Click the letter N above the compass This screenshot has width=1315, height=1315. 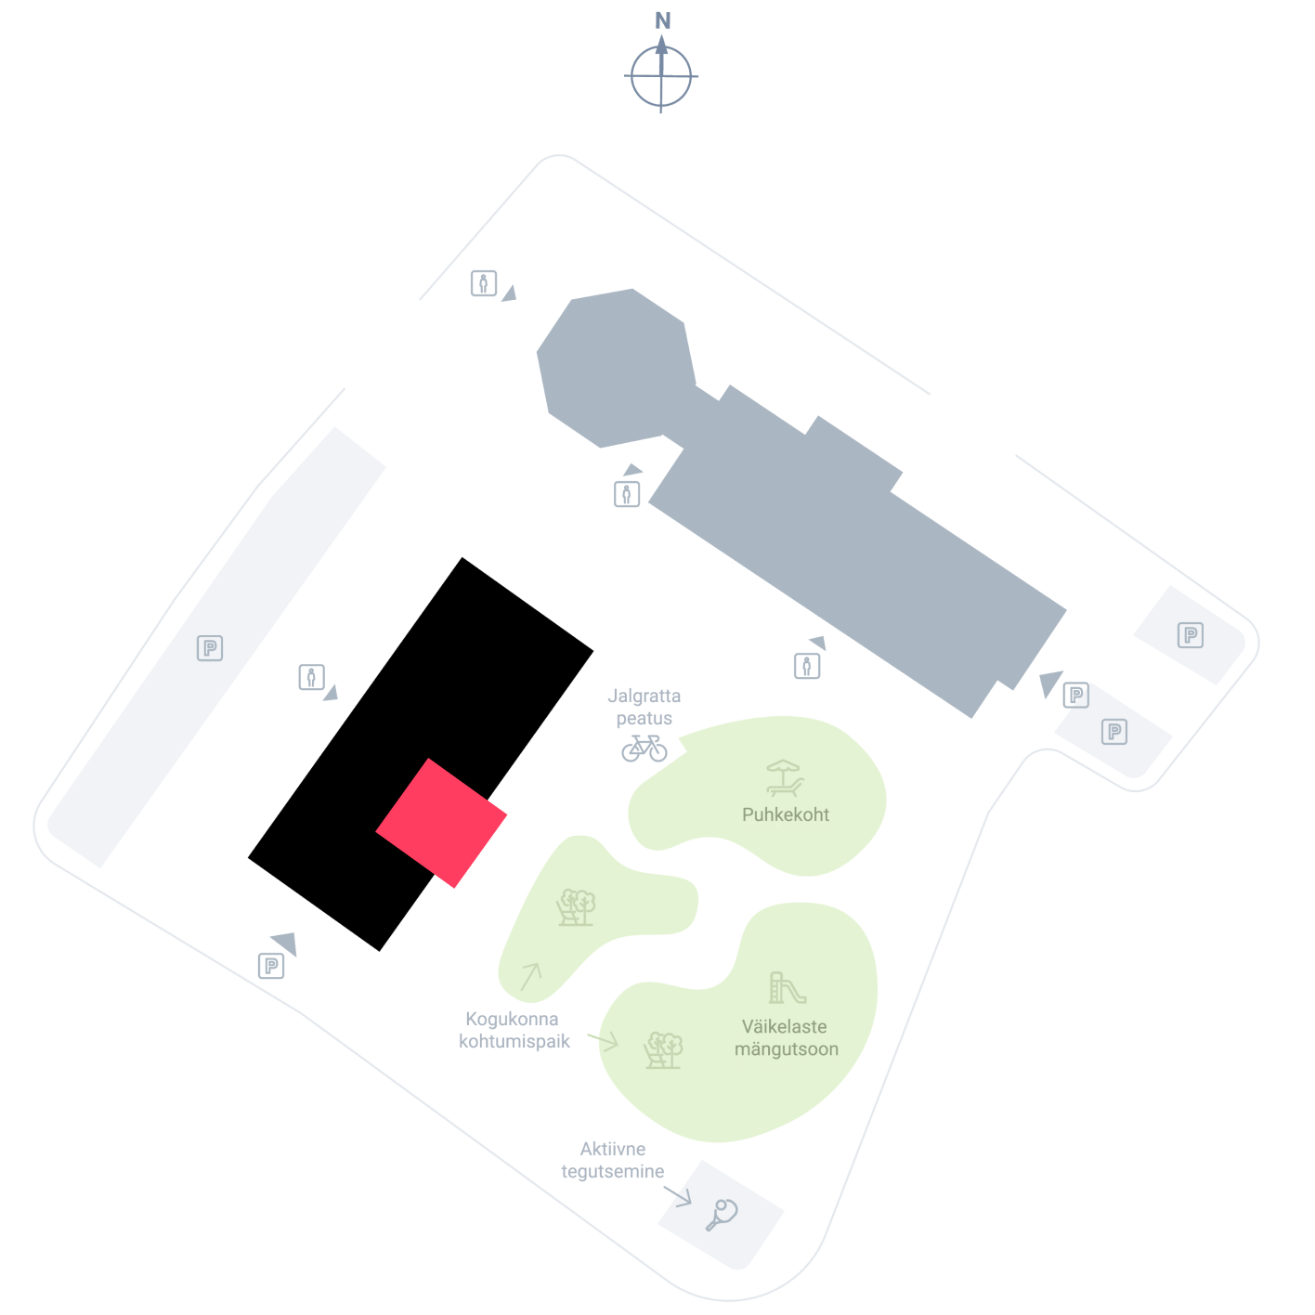(x=662, y=20)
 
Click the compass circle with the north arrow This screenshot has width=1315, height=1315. (x=660, y=76)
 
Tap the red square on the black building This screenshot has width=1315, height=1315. (x=441, y=822)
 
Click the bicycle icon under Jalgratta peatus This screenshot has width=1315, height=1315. (x=644, y=748)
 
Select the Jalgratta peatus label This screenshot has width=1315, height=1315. (x=644, y=707)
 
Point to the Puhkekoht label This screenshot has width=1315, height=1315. (x=785, y=814)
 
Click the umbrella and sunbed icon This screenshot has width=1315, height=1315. (x=784, y=778)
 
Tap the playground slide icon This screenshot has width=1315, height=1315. (x=787, y=987)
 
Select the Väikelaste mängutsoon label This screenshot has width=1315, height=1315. (x=786, y=1037)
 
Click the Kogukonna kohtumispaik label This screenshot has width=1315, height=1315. (x=514, y=1030)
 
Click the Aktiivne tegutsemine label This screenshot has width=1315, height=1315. (x=612, y=1160)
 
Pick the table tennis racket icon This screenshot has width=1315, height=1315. (x=721, y=1215)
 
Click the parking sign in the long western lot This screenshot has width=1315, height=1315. (x=210, y=647)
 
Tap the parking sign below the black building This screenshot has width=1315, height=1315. (x=271, y=966)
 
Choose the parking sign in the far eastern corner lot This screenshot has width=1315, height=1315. (x=1190, y=634)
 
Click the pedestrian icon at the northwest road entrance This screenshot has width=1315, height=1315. (x=483, y=282)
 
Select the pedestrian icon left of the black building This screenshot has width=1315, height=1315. (x=311, y=677)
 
